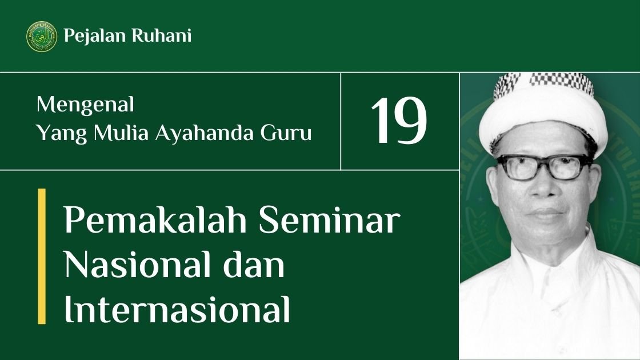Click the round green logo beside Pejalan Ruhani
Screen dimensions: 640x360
pos(42,37)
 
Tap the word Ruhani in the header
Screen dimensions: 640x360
pos(161,35)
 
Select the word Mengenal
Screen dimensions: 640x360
pos(85,105)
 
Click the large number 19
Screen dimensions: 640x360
pos(399,121)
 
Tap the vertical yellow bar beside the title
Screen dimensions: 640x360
pos(42,256)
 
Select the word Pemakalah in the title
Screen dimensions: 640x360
pos(155,219)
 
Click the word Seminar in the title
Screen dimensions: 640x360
pos(329,219)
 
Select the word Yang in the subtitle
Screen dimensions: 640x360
pos(61,134)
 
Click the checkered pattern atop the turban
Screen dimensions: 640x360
pos(543,83)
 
